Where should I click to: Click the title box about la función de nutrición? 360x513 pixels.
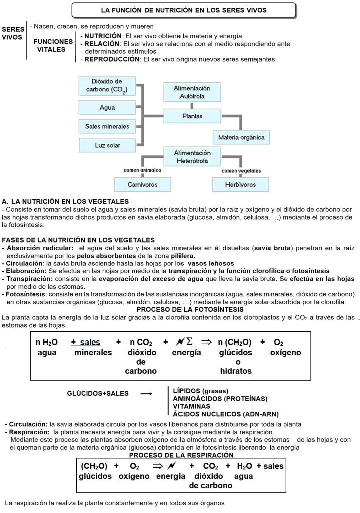pyautogui.click(x=183, y=10)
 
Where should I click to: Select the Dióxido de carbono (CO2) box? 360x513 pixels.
pyautogui.click(x=107, y=86)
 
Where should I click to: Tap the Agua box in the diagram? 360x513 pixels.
pyautogui.click(x=107, y=107)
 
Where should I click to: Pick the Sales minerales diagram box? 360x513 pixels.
pyautogui.click(x=107, y=126)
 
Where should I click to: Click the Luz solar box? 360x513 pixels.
pyautogui.click(x=107, y=145)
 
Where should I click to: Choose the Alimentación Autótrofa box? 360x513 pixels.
pyautogui.click(x=193, y=92)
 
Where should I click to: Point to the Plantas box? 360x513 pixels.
pyautogui.click(x=193, y=116)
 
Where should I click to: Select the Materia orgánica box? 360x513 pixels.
pyautogui.click(x=241, y=137)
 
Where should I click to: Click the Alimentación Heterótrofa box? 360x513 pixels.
pyautogui.click(x=193, y=157)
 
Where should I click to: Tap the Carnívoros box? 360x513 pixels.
pyautogui.click(x=143, y=184)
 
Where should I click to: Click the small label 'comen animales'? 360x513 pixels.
pyautogui.click(x=142, y=170)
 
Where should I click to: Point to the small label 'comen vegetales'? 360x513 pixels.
pyautogui.click(x=242, y=170)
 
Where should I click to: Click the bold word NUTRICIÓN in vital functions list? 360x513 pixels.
pyautogui.click(x=103, y=36)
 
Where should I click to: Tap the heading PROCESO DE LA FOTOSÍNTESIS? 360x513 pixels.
pyautogui.click(x=179, y=309)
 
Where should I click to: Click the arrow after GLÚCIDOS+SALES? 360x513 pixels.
pyautogui.click(x=146, y=394)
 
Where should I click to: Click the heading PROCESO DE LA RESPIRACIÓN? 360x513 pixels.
pyautogui.click(x=181, y=455)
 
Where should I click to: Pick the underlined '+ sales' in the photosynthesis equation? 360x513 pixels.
pyautogui.click(x=86, y=342)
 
